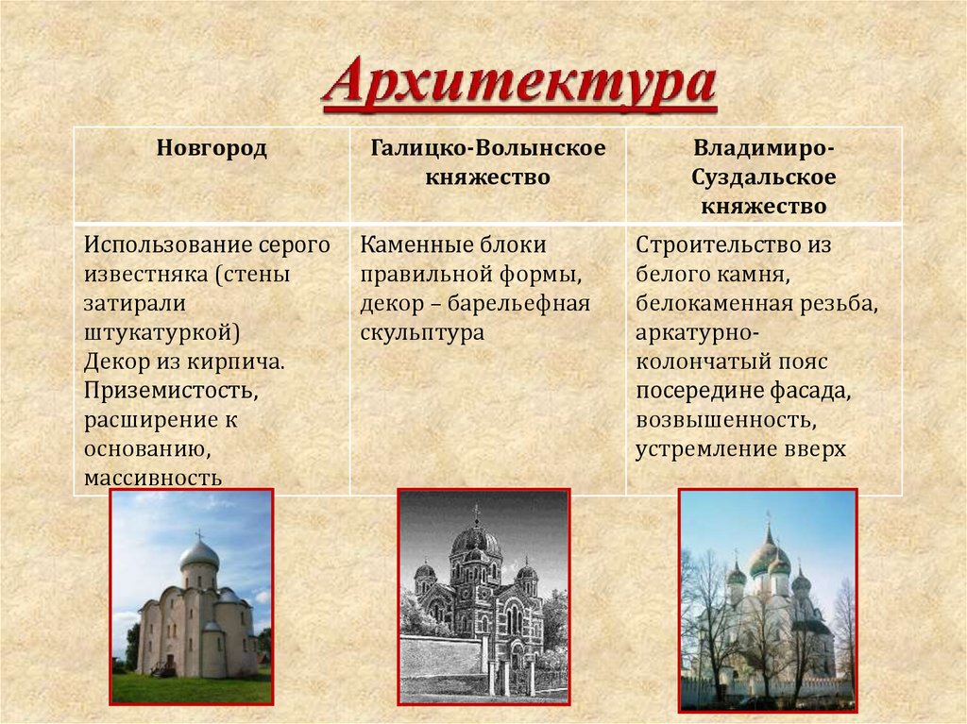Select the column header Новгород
pyautogui.click(x=212, y=148)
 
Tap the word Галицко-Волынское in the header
pyautogui.click(x=488, y=148)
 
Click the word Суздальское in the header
pyautogui.click(x=763, y=177)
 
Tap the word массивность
pyautogui.click(x=153, y=478)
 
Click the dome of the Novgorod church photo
pyautogui.click(x=199, y=554)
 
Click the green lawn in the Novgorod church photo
pyautogui.click(x=189, y=688)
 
